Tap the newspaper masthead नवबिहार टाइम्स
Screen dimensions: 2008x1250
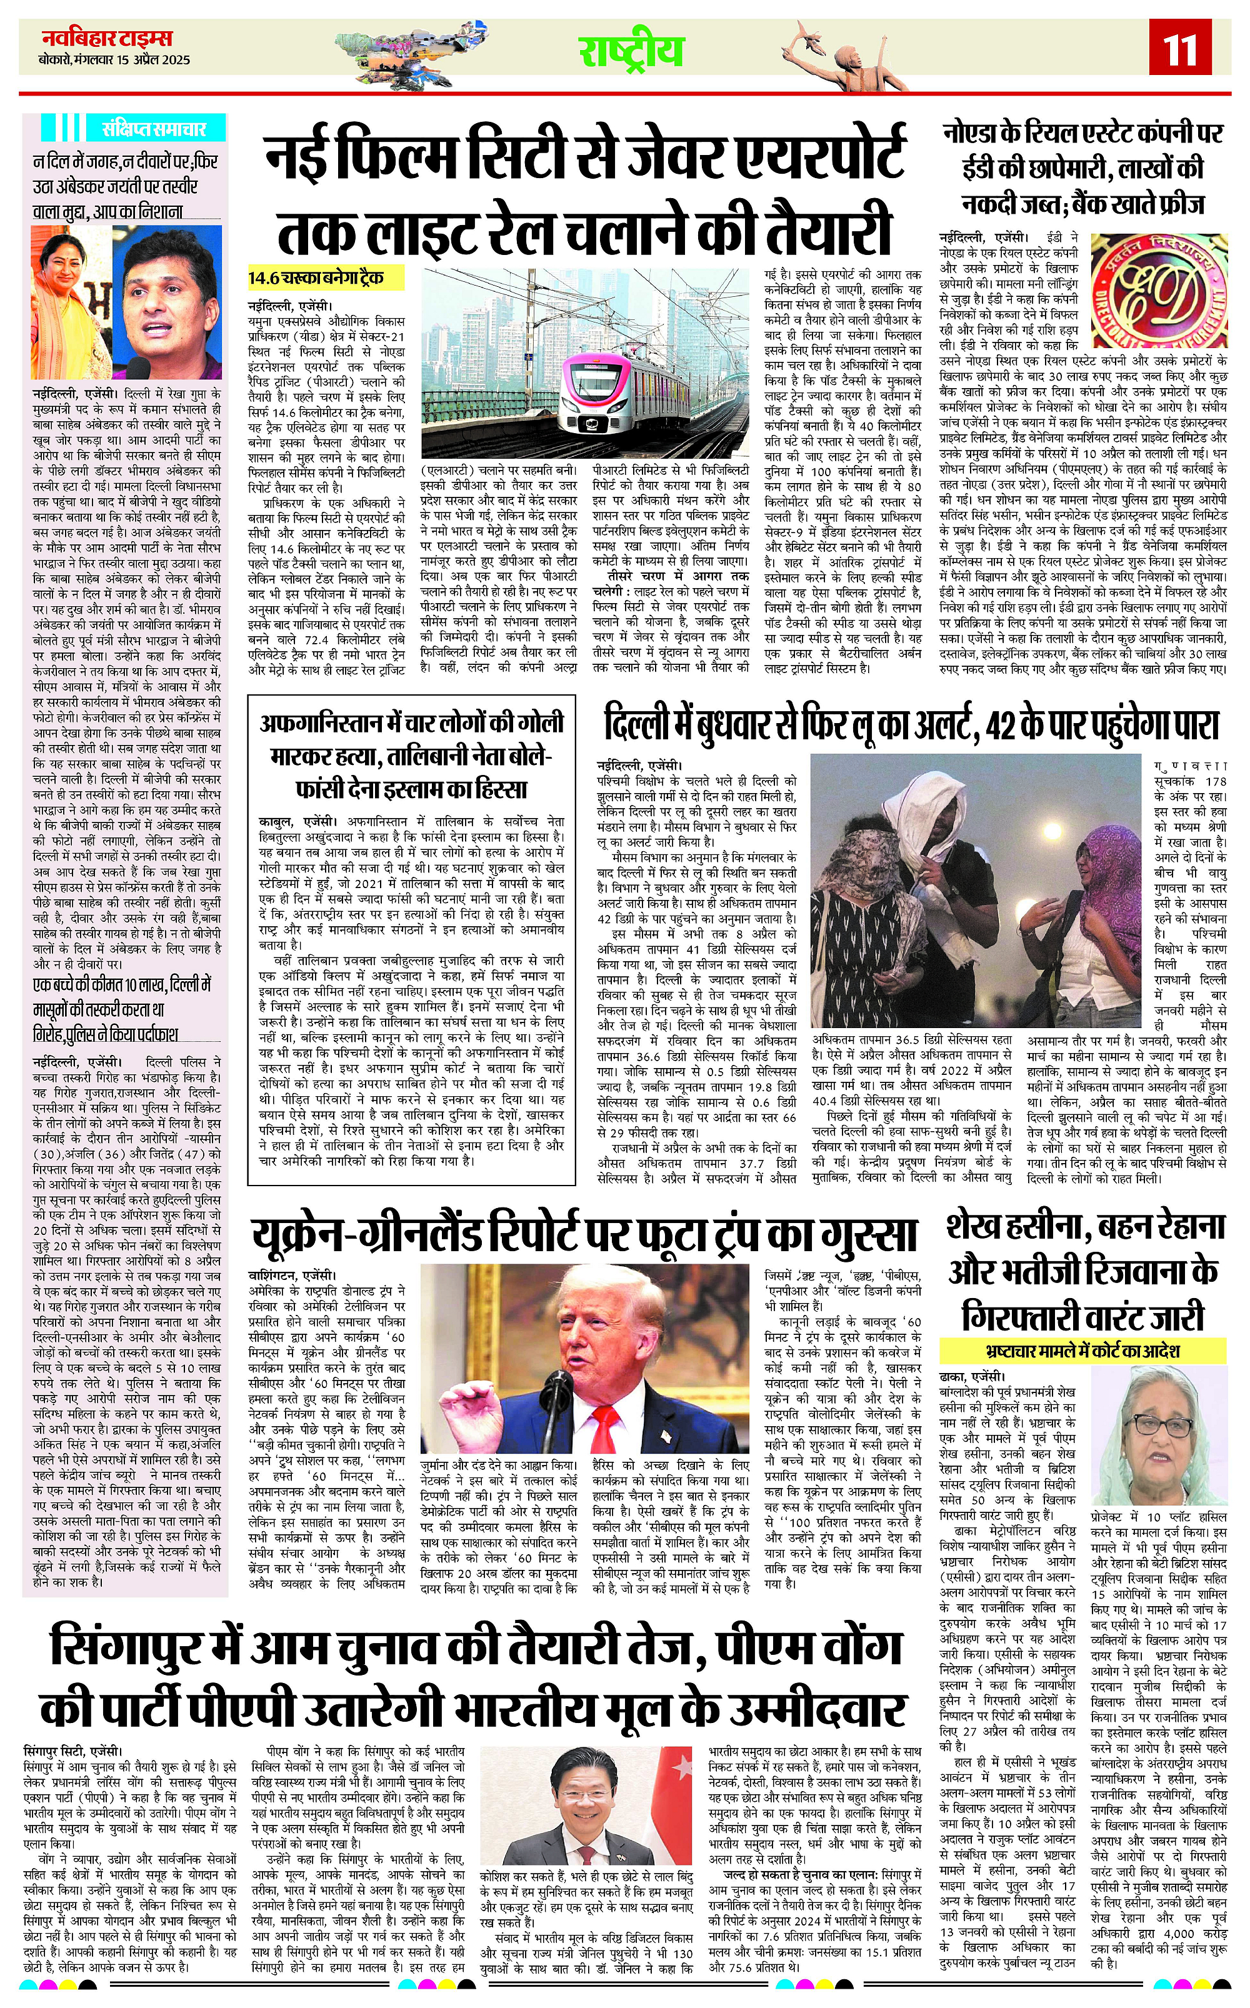[107, 38]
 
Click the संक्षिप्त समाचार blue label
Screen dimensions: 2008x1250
[153, 129]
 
